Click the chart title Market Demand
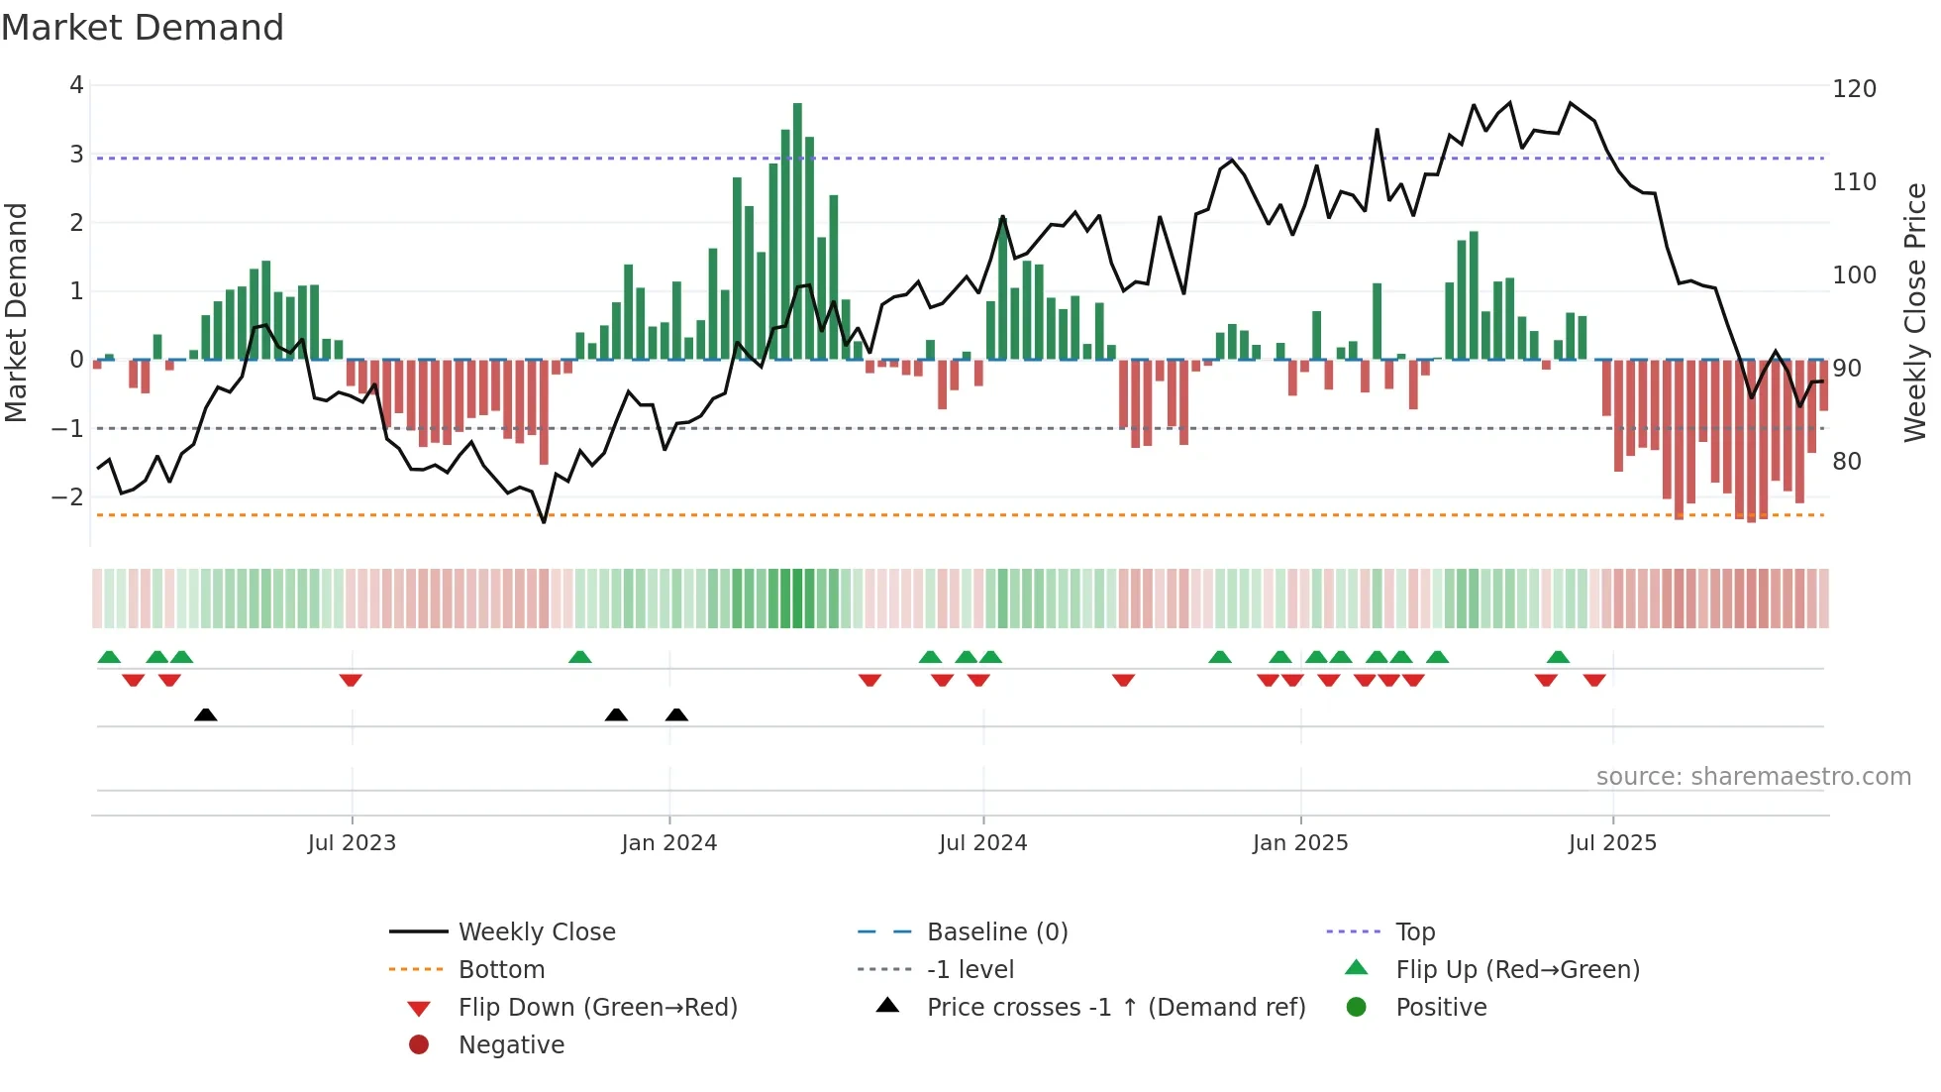pos(143,28)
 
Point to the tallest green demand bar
pos(797,230)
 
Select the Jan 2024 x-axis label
pos(668,843)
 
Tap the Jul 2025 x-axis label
pos(1612,843)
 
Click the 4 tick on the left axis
pos(76,85)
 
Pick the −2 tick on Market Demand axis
pos(68,496)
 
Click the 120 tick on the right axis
pos(1854,89)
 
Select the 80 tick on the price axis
pos(1846,462)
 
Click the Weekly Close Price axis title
pos(1915,312)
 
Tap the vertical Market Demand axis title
pos(16,312)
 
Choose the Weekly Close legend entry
pos(536,932)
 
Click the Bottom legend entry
pos(501,970)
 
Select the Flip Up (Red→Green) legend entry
pos(1517,970)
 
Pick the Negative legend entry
pos(511,1045)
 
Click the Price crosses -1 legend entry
pos(1115,1008)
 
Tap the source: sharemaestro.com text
pos(1753,777)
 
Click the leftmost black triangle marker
pos(206,715)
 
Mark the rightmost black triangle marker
pos(676,715)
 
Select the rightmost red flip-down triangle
pos(1594,680)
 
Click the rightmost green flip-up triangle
pos(1558,657)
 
